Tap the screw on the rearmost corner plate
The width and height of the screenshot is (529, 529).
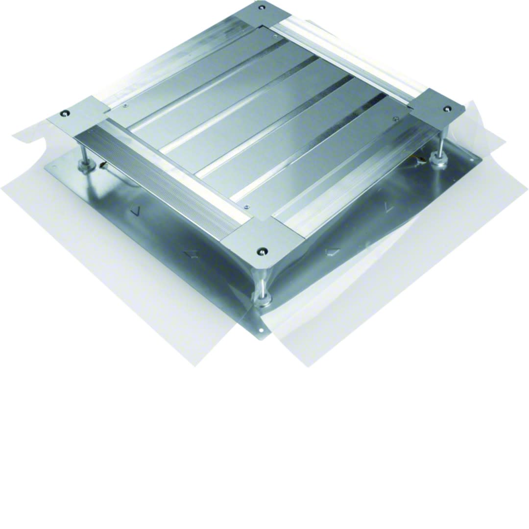[x=262, y=8]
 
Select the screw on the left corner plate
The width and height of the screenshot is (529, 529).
[x=64, y=114]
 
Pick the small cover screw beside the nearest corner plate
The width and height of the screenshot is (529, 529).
[x=246, y=207]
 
